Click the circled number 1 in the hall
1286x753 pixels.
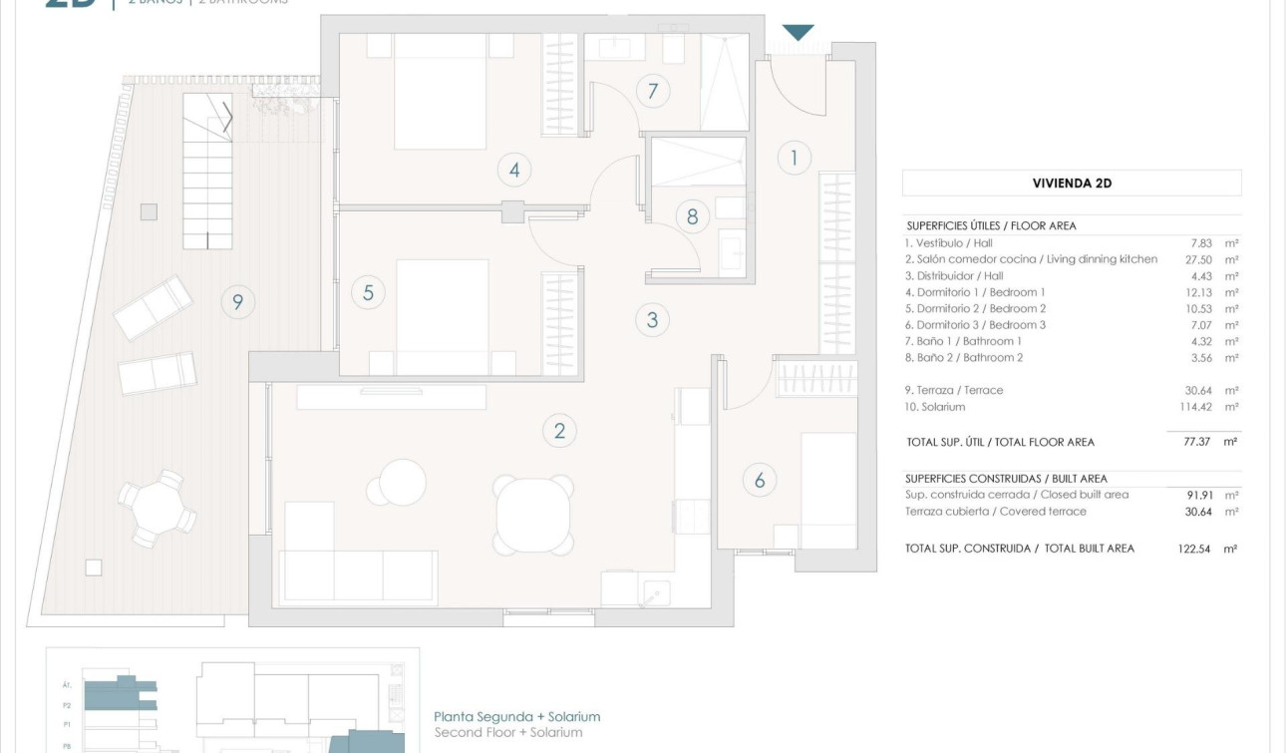(x=795, y=158)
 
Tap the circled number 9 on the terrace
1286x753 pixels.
(x=237, y=301)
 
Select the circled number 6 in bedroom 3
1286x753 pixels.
(x=760, y=481)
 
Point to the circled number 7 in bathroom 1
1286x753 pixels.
(x=653, y=92)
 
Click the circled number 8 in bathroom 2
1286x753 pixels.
(x=693, y=215)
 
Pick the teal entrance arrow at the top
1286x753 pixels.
(x=798, y=33)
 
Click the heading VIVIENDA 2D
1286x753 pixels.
(x=1072, y=184)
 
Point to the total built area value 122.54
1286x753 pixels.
(x=1193, y=549)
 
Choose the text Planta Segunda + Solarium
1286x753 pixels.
(x=517, y=716)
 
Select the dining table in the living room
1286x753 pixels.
(x=533, y=515)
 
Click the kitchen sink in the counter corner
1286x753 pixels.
(x=654, y=592)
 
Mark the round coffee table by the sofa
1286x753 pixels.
(x=402, y=483)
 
